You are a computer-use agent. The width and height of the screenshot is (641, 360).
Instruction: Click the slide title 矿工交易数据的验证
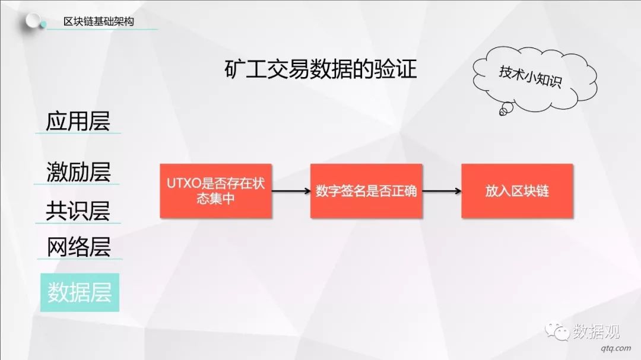320,69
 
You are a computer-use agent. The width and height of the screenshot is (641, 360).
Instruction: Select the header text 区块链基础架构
99,21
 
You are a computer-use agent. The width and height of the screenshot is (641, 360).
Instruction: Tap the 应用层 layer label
78,121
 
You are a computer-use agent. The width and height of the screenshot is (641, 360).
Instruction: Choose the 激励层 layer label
78,171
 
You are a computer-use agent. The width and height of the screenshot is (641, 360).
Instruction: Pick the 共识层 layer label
78,211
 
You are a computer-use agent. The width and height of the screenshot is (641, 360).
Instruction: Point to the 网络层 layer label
78,247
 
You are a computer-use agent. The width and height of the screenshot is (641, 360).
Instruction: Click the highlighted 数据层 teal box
80,292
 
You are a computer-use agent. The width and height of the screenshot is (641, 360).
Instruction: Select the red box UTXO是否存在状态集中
216,191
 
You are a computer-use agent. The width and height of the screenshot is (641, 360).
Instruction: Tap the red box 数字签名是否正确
366,191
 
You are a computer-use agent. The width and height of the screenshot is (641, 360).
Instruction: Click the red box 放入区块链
517,191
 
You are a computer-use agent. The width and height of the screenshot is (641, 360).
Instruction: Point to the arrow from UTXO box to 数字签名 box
291,191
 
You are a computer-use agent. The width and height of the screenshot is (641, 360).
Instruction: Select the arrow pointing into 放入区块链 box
442,191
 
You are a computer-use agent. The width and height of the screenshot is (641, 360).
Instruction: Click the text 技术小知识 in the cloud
530,77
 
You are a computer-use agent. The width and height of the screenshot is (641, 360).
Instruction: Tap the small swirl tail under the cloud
506,109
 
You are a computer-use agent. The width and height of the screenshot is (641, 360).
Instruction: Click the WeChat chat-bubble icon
557,331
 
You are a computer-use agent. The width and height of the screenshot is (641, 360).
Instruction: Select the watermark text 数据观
596,331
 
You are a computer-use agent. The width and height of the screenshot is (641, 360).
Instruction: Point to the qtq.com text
615,348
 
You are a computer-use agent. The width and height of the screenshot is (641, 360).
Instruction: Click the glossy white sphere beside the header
33,20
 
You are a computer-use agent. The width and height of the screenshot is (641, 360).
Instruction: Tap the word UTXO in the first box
183,183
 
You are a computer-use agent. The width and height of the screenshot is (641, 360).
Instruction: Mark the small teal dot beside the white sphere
43,26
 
